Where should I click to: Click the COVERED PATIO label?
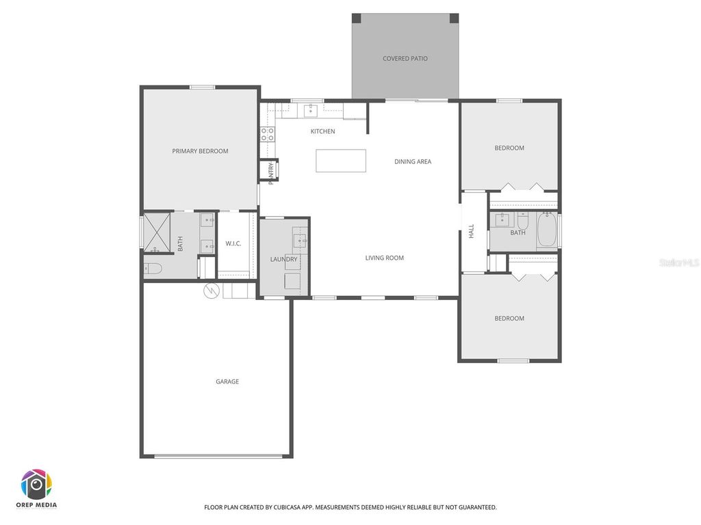405,59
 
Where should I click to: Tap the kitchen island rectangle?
340,161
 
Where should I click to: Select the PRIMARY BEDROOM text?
200,151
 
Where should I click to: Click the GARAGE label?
227,381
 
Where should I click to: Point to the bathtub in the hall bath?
547,230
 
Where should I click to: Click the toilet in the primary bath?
153,269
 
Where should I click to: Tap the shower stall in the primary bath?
156,232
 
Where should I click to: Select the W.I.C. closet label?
233,244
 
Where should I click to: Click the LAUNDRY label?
283,260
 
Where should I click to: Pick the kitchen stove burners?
267,134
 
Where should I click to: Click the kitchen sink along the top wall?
310,111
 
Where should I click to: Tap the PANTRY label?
271,173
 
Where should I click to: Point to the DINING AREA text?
413,162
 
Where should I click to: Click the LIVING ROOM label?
384,258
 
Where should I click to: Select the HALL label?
471,232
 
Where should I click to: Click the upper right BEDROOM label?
509,148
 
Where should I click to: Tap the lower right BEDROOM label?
509,319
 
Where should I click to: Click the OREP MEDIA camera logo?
37,485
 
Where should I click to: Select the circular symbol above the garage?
212,291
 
